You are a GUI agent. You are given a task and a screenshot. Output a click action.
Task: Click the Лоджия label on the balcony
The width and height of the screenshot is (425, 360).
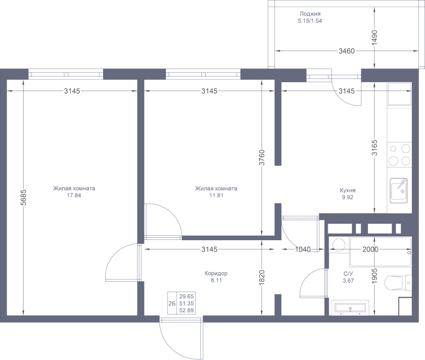pyautogui.click(x=310, y=14)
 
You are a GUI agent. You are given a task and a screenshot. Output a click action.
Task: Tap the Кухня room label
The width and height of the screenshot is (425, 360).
pyautogui.click(x=348, y=190)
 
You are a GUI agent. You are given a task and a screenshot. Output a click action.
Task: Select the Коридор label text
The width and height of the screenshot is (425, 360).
pyautogui.click(x=216, y=274)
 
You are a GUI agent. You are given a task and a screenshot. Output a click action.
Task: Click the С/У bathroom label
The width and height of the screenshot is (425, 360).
pyautogui.click(x=348, y=274)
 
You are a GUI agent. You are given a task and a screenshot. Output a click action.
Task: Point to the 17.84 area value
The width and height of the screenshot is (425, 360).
pyautogui.click(x=74, y=196)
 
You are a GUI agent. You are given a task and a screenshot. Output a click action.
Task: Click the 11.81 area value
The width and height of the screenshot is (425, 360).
pyautogui.click(x=215, y=196)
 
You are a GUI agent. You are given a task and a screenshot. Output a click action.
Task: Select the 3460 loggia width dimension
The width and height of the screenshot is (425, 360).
pyautogui.click(x=346, y=51)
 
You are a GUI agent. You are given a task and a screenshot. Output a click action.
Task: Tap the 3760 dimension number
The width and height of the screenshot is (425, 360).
pyautogui.click(x=262, y=158)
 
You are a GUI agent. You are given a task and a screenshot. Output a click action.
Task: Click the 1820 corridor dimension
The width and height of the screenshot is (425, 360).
pyautogui.click(x=262, y=278)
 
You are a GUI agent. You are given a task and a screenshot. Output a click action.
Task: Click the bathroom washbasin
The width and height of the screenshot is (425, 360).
pyautogui.click(x=349, y=307)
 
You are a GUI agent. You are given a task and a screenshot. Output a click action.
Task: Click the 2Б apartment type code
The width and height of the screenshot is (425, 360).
pyautogui.click(x=171, y=303)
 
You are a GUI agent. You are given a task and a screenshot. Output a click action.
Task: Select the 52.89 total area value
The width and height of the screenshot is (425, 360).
pyautogui.click(x=186, y=310)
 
